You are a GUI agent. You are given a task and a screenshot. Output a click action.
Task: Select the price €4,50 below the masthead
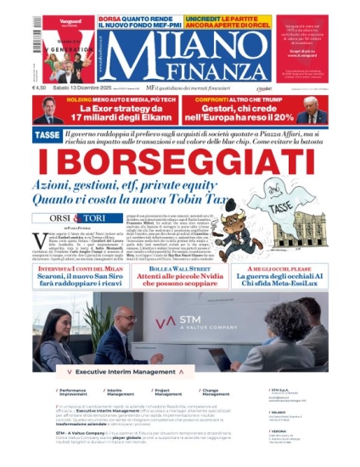[x=40, y=87]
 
